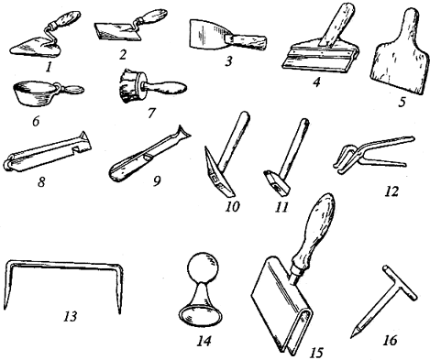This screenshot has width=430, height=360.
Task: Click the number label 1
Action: (48, 67)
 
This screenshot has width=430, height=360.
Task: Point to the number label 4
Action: (316, 82)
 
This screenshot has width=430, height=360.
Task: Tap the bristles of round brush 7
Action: (127, 86)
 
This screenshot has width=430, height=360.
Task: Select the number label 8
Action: (41, 182)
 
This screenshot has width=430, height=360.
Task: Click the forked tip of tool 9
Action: (184, 133)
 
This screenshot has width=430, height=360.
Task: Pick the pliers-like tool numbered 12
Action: (372, 154)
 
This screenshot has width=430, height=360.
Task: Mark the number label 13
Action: (71, 317)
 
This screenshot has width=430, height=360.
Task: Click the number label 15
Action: (316, 353)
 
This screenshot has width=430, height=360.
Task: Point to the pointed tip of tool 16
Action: (352, 336)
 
